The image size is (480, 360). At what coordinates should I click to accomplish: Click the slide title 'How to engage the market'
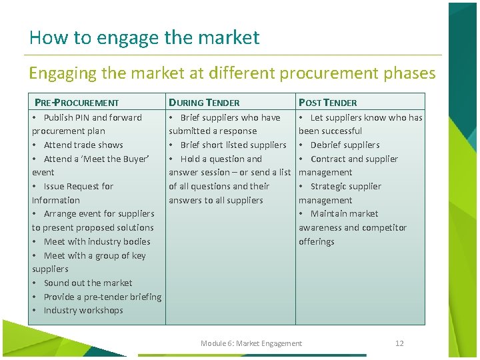point(144,37)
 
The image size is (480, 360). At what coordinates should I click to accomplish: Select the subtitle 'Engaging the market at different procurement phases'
point(232,73)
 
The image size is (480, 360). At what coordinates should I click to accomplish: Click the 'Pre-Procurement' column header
point(77,103)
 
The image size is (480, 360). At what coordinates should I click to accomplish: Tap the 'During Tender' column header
point(204,103)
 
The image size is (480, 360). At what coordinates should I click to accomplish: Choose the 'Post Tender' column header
point(327,103)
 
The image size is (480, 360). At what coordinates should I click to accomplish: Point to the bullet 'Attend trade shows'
point(83,145)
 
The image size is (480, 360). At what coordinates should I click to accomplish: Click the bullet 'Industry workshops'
point(83,310)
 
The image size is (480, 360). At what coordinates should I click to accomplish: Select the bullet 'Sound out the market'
point(88,283)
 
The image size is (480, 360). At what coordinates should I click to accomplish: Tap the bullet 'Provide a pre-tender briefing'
point(103,297)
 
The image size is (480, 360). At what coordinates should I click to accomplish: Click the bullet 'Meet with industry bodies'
point(97,241)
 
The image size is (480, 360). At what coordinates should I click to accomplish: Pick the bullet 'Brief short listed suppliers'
point(233,145)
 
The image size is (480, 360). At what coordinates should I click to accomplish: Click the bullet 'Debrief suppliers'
point(345,145)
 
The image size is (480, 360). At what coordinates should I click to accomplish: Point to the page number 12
point(399,343)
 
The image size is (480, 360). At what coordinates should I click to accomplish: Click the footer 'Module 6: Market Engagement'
point(251,343)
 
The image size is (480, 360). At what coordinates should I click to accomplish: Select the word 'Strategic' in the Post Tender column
point(328,186)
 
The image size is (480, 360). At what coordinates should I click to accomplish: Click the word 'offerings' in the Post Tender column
point(316,241)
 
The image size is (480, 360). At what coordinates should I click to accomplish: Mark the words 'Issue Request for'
point(79,186)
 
